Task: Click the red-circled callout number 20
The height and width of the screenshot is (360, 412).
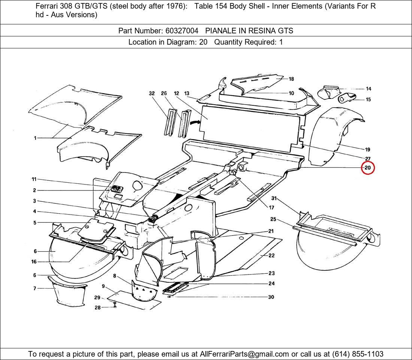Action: coord(367,168)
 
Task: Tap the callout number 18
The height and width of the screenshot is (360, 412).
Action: coord(291,79)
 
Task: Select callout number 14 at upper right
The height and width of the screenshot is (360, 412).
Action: coord(369,89)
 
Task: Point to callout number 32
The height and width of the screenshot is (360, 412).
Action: coord(152,93)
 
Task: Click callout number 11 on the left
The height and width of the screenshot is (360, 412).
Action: coord(34,180)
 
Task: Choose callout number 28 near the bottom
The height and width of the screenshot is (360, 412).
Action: coord(97,307)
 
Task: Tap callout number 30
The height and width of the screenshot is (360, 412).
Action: coord(271,297)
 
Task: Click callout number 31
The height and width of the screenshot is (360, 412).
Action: coord(274,198)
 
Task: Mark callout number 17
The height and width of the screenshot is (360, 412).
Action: coord(271,207)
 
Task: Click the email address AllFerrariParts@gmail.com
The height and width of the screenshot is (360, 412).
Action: coord(244,354)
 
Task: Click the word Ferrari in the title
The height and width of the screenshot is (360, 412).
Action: coord(48,6)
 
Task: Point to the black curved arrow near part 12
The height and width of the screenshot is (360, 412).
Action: coord(194,122)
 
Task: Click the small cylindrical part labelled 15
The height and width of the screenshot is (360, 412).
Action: coord(346,99)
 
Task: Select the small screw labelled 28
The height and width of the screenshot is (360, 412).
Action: coord(115,306)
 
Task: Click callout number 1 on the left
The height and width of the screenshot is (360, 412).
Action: coord(35,138)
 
